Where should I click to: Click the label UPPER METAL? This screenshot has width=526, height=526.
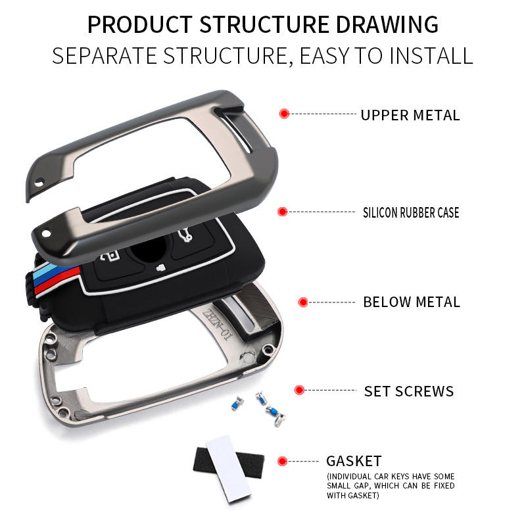[410, 115]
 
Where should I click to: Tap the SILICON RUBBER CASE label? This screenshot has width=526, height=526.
[411, 212]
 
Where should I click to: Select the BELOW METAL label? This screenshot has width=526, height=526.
[412, 302]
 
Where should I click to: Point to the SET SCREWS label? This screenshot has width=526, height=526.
[409, 391]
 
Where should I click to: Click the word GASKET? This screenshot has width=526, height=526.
[354, 461]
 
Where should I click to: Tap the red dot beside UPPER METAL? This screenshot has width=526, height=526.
[284, 114]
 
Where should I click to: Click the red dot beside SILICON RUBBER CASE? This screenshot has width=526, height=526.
[283, 212]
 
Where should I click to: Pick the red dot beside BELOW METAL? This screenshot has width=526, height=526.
[303, 302]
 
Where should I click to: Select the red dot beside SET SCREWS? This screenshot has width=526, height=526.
[300, 391]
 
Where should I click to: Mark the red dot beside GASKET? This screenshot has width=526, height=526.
[283, 461]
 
